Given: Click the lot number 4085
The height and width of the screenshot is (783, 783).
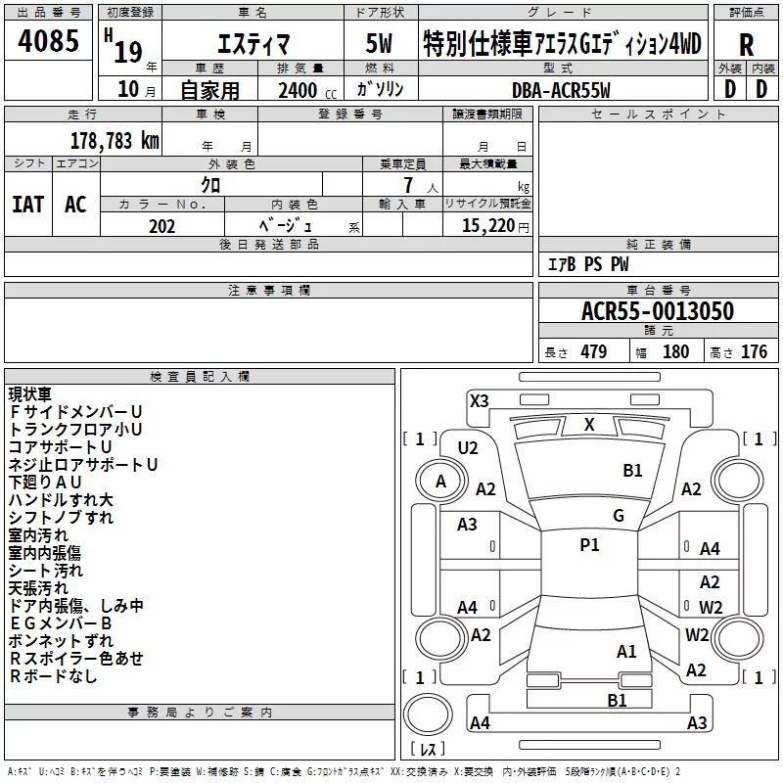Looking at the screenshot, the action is (48, 40).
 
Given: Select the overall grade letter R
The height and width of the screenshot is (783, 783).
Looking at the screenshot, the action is (746, 45).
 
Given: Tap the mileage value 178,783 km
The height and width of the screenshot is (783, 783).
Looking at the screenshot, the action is (115, 141).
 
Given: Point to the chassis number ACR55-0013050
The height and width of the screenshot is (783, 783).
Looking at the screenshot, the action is (658, 310).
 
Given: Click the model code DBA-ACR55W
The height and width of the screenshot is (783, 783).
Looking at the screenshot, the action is (561, 90).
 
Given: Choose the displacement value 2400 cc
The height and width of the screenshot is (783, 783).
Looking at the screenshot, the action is (307, 90).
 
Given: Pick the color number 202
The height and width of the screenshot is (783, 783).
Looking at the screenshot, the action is (161, 226).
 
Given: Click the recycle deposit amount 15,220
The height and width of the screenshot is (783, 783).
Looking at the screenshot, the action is (487, 225).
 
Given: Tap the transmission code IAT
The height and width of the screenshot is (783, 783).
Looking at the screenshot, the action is (28, 205).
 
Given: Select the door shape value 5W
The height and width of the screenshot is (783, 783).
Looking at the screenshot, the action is (379, 43).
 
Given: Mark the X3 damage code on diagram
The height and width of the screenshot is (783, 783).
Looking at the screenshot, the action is (479, 400).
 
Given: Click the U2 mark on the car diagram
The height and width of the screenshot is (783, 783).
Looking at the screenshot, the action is (468, 448).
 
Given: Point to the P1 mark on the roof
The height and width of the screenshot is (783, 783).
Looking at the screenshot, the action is (589, 544).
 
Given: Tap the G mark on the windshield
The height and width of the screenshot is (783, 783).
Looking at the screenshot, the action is (619, 515).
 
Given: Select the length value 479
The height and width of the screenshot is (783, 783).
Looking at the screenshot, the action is (593, 351).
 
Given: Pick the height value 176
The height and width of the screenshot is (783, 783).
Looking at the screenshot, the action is (754, 351).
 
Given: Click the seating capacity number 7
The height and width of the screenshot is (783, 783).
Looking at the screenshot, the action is (408, 185).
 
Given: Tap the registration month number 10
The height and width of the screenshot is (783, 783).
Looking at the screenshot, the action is (128, 89).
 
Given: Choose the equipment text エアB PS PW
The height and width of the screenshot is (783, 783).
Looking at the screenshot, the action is (588, 264).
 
